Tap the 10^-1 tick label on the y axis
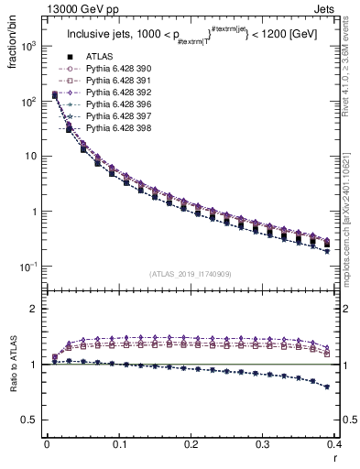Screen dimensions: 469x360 tap(27, 267)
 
